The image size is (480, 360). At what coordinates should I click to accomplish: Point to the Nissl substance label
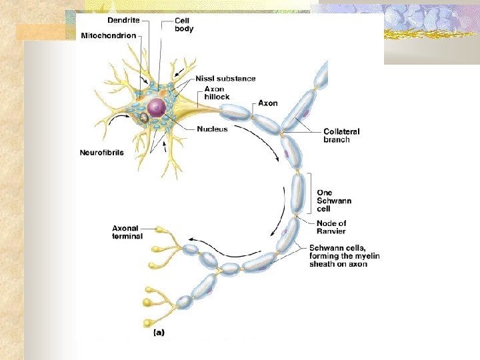pyautogui.click(x=225, y=79)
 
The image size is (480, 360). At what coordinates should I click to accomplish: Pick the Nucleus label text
pyautogui.click(x=212, y=129)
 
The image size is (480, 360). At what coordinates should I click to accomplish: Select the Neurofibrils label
pyautogui.click(x=101, y=153)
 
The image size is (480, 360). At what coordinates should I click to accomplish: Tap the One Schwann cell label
pyautogui.click(x=334, y=201)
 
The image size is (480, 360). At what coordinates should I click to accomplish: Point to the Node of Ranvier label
pyautogui.click(x=332, y=227)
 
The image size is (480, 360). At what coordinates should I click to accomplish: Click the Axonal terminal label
pyautogui.click(x=127, y=232)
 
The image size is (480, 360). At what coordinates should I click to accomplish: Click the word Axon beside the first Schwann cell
pyautogui.click(x=267, y=103)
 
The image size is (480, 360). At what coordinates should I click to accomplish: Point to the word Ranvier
pyautogui.click(x=332, y=231)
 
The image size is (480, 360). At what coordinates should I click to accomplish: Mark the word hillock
pyautogui.click(x=217, y=97)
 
